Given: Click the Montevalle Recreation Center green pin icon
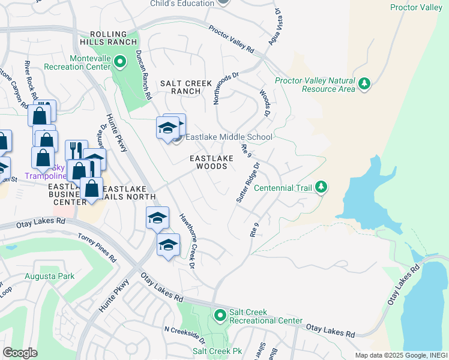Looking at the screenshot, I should click(119, 61).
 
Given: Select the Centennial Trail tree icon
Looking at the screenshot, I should click(322, 187).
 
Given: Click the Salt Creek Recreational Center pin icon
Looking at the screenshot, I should click(220, 314).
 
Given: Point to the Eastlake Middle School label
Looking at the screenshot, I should click(228, 137).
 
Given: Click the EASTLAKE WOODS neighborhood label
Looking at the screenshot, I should click(208, 162).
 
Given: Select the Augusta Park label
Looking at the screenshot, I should click(49, 276).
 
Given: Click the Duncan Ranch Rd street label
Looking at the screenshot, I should click(143, 74).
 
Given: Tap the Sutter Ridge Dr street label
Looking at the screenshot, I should click(248, 182).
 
